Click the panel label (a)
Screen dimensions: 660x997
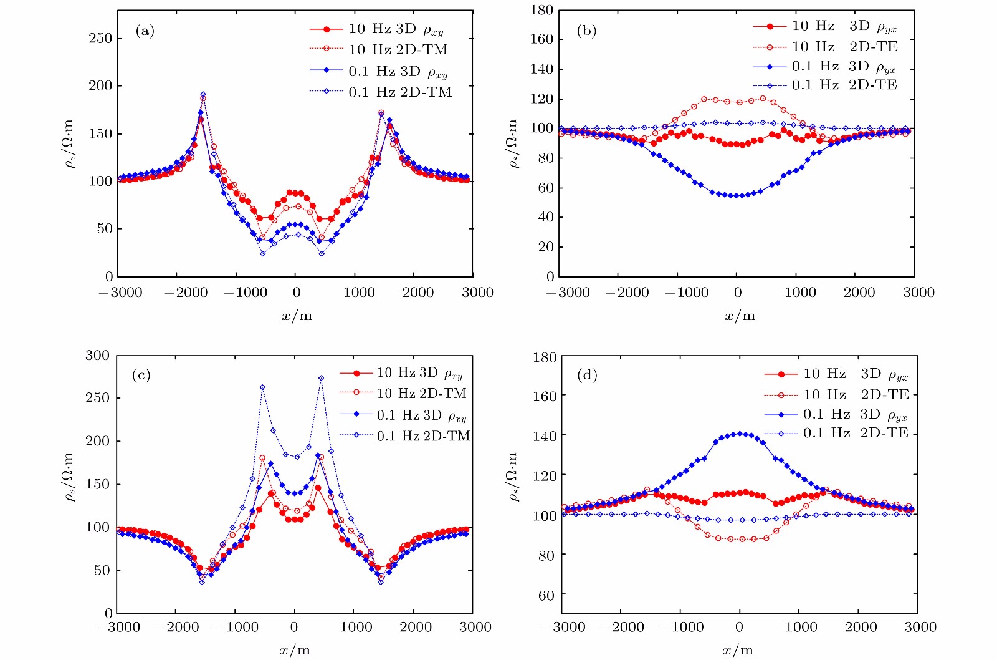(145, 31)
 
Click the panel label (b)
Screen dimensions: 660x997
(586, 31)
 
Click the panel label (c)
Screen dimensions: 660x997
(141, 375)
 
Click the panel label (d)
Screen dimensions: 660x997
(587, 375)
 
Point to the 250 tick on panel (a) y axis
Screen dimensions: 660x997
(100, 39)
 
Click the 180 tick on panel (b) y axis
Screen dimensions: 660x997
(541, 10)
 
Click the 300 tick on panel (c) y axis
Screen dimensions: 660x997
(97, 356)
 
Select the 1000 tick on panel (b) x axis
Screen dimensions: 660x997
(800, 293)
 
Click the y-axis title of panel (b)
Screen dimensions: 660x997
(513, 143)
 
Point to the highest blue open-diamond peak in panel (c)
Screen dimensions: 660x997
(321, 378)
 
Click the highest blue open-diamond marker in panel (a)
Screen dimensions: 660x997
(203, 95)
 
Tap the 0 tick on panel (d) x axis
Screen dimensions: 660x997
(739, 627)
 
